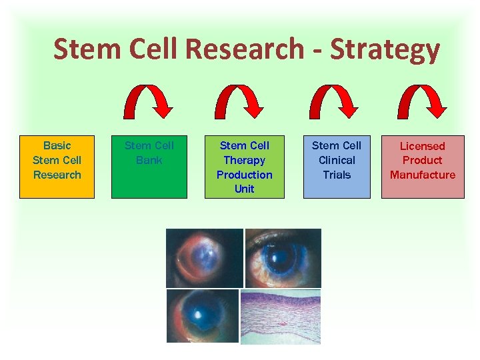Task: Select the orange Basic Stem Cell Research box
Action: click(x=57, y=167)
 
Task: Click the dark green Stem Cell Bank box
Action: click(x=149, y=167)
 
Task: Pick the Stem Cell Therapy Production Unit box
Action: click(x=244, y=167)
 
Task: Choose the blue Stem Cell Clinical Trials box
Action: click(x=337, y=167)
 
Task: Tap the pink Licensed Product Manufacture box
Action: click(x=423, y=167)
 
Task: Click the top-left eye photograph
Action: click(x=204, y=258)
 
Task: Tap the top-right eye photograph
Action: click(x=283, y=258)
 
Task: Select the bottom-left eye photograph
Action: click(x=202, y=316)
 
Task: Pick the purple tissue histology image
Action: click(x=280, y=317)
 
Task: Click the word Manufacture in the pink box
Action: click(x=423, y=175)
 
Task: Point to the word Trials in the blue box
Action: click(x=337, y=175)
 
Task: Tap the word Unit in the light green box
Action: click(x=244, y=189)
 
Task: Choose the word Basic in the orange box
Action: click(x=57, y=145)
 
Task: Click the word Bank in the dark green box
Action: click(x=149, y=160)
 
